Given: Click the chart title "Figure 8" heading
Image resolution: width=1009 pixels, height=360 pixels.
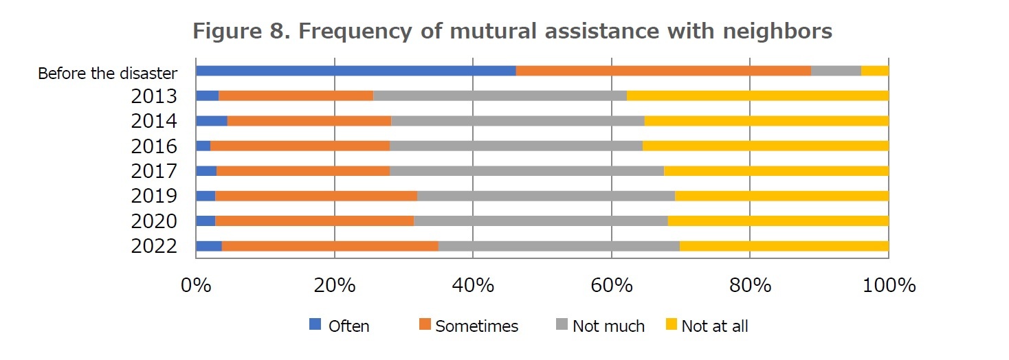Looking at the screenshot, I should [x=512, y=31].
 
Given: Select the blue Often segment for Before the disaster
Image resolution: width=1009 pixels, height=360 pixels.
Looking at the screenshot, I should [x=355, y=71].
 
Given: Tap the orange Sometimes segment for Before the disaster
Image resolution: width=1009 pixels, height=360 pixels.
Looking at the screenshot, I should [x=663, y=71].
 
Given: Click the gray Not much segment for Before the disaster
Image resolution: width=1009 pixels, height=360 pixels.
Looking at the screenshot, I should [x=836, y=71].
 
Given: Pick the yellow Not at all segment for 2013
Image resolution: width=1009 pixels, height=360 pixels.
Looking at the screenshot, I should [x=757, y=95].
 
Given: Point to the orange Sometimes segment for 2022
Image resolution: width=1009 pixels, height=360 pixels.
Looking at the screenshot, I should [x=330, y=246].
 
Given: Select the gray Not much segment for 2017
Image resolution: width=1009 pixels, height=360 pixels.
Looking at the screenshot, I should [x=526, y=171].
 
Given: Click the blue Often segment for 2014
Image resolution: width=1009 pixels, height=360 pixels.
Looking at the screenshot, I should [x=212, y=121].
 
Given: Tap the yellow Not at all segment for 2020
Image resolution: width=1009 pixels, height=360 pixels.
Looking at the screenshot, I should [x=778, y=221].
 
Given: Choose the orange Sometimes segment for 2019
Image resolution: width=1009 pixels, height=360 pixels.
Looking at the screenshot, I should [x=316, y=196].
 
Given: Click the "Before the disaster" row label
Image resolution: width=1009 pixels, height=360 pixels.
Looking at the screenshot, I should [x=108, y=73].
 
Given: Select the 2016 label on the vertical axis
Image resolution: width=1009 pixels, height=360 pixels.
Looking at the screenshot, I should [x=154, y=146].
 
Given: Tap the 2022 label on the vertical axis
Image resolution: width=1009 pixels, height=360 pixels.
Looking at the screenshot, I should [x=154, y=246].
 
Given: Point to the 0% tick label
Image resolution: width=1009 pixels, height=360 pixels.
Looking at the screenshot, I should [x=196, y=285].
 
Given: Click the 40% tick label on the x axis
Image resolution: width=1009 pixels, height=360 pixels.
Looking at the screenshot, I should [x=473, y=285].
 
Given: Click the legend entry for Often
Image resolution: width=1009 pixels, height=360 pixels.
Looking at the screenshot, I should [x=340, y=326].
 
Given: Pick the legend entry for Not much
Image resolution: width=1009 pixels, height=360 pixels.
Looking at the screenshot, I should [x=600, y=326].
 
